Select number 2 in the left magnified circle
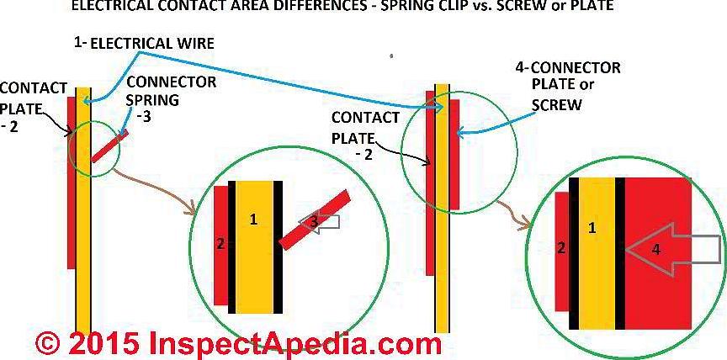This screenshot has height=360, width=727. [x=221, y=245]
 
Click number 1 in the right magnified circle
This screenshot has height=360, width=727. [x=592, y=228]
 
